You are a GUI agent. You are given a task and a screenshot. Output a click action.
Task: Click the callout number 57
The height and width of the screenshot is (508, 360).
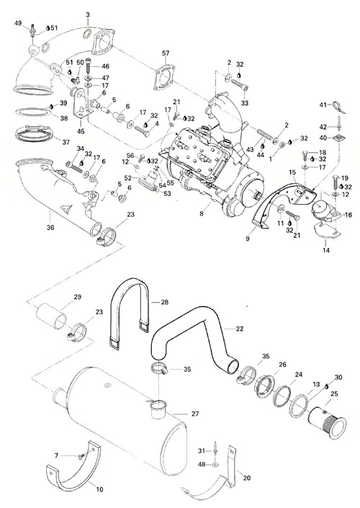166,53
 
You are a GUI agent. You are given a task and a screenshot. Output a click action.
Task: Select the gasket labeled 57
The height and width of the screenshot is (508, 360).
164,78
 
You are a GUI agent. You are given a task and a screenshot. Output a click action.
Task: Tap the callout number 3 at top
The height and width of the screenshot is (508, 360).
88,15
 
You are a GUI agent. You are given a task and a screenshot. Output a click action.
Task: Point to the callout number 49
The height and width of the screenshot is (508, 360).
18,23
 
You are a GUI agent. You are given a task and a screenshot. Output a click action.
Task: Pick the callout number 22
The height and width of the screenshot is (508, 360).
240,329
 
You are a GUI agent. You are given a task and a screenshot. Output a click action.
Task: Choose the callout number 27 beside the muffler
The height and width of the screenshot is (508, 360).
195,414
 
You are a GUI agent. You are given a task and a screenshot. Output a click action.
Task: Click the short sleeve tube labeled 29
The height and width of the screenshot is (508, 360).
51,316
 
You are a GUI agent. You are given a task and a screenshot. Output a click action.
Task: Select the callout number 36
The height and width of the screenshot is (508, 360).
50,228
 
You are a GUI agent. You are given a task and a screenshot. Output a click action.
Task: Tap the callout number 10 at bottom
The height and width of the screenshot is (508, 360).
99,489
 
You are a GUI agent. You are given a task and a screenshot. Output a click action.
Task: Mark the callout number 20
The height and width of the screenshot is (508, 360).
247,478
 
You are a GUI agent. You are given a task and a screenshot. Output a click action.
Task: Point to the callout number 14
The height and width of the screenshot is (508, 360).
326,250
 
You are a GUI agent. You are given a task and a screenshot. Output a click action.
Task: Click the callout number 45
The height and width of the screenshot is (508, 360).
81,132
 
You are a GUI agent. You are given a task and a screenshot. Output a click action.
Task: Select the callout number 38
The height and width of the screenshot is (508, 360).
64,119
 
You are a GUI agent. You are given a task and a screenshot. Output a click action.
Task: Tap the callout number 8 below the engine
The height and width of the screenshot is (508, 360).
202,214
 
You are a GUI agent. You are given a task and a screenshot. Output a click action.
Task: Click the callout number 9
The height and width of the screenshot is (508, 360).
248,239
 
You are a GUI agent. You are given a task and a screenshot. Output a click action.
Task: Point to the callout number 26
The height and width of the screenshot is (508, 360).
283,365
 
